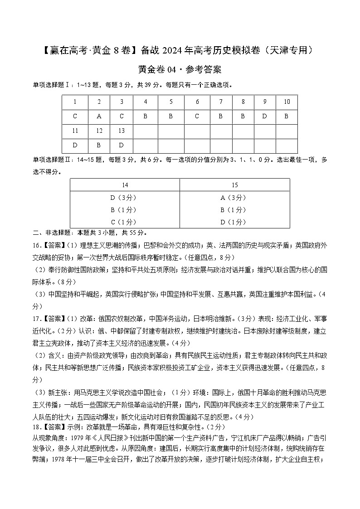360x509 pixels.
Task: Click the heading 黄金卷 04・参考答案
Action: coord(180,70)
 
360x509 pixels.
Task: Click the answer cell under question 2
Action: coord(99,116)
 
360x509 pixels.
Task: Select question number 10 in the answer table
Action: coord(287,102)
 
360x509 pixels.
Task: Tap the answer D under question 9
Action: coord(265,116)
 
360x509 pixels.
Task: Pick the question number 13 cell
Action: coord(121,131)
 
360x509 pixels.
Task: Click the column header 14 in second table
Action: coord(125,185)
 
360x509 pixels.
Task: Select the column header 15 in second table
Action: coord(234,185)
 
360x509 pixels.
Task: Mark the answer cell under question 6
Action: coord(197,116)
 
